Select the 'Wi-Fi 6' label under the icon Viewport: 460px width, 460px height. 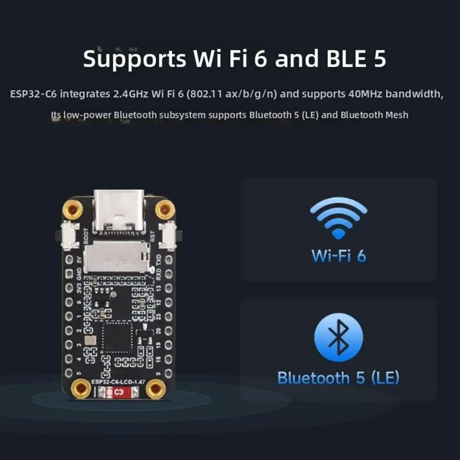point(339,256)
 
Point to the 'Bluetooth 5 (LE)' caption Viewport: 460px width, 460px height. point(339,378)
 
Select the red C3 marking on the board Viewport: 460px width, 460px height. point(119,392)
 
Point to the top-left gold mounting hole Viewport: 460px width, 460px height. point(73,210)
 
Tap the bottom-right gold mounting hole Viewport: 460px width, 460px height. point(156,390)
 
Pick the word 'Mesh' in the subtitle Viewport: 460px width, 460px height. point(397,115)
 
